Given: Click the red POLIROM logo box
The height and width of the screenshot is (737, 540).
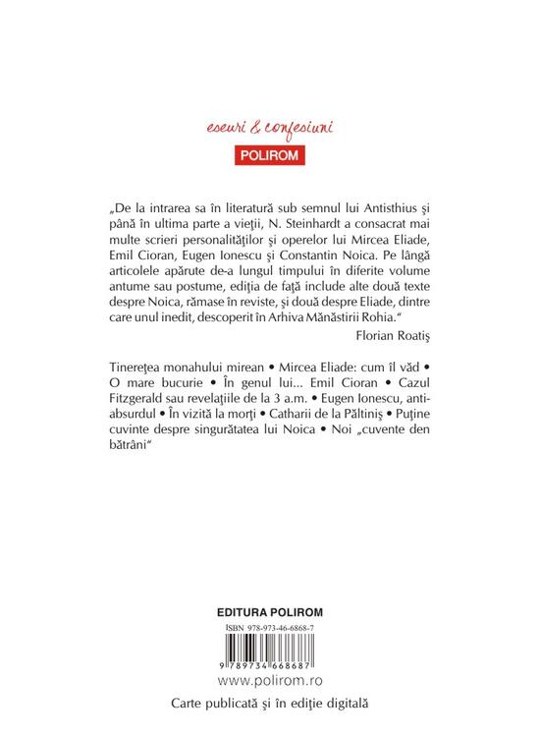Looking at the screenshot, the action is click(x=269, y=154).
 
